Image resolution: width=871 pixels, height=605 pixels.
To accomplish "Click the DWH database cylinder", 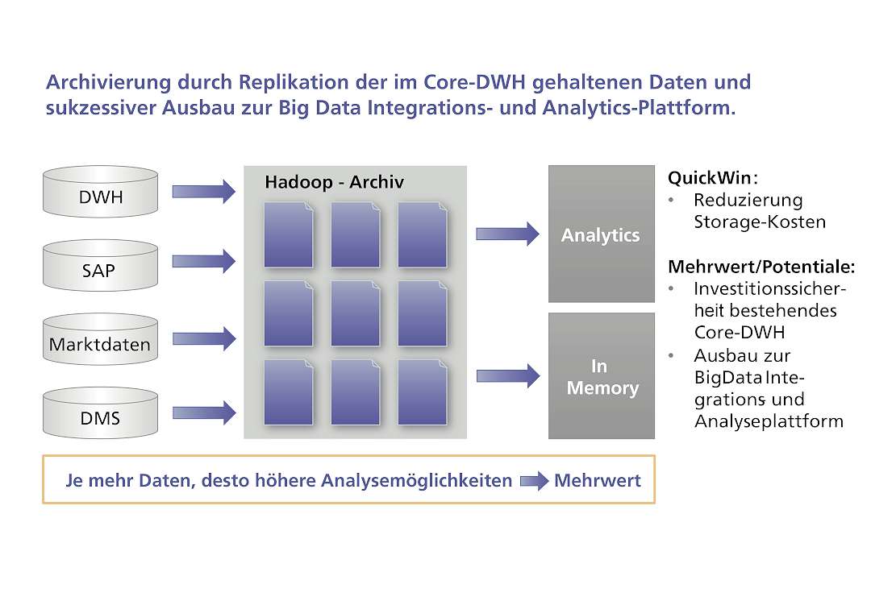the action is [x=101, y=192].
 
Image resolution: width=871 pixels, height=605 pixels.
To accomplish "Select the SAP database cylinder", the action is [x=101, y=265].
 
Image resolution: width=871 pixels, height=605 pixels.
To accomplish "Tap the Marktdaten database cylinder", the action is [x=101, y=339].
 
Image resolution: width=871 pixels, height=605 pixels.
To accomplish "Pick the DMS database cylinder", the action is [x=101, y=412].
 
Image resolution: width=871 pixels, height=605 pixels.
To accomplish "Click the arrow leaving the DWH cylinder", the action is [x=204, y=192].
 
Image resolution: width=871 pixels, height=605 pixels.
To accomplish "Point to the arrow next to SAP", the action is [x=204, y=261].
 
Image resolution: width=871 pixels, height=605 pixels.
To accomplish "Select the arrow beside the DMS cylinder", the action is [x=204, y=412].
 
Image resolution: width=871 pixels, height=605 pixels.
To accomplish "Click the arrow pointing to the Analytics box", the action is [x=508, y=234].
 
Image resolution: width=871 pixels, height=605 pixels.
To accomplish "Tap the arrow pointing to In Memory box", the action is [x=508, y=375].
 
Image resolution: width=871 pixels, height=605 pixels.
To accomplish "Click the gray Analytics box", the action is [x=602, y=234].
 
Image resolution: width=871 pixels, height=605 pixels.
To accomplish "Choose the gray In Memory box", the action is [x=602, y=375].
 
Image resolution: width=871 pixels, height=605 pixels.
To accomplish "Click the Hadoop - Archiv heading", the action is [x=335, y=182].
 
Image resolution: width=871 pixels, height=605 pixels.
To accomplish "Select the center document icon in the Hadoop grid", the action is [x=356, y=313].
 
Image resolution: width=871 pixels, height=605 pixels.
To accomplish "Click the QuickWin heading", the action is [x=713, y=178].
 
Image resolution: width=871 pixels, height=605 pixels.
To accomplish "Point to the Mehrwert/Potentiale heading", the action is [x=761, y=267].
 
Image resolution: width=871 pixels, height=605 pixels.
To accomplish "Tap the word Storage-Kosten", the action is [x=760, y=222].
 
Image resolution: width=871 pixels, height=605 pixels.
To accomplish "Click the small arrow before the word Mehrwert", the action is [x=535, y=481].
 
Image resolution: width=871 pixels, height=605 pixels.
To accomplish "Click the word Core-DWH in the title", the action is [x=475, y=82].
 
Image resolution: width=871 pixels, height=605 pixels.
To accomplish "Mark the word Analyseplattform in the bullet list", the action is [x=769, y=421].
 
